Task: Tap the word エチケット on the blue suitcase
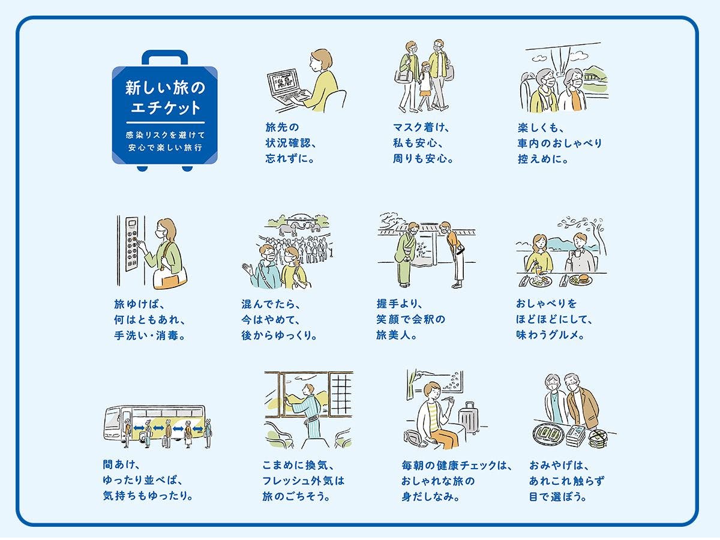point(164,109)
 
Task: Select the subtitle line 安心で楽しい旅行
point(164,146)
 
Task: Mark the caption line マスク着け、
point(421,127)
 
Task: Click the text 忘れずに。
point(290,160)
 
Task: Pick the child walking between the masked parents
point(427,84)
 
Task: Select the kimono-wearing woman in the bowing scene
point(410,252)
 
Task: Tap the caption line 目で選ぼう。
point(557,496)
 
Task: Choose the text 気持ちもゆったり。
point(148,496)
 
